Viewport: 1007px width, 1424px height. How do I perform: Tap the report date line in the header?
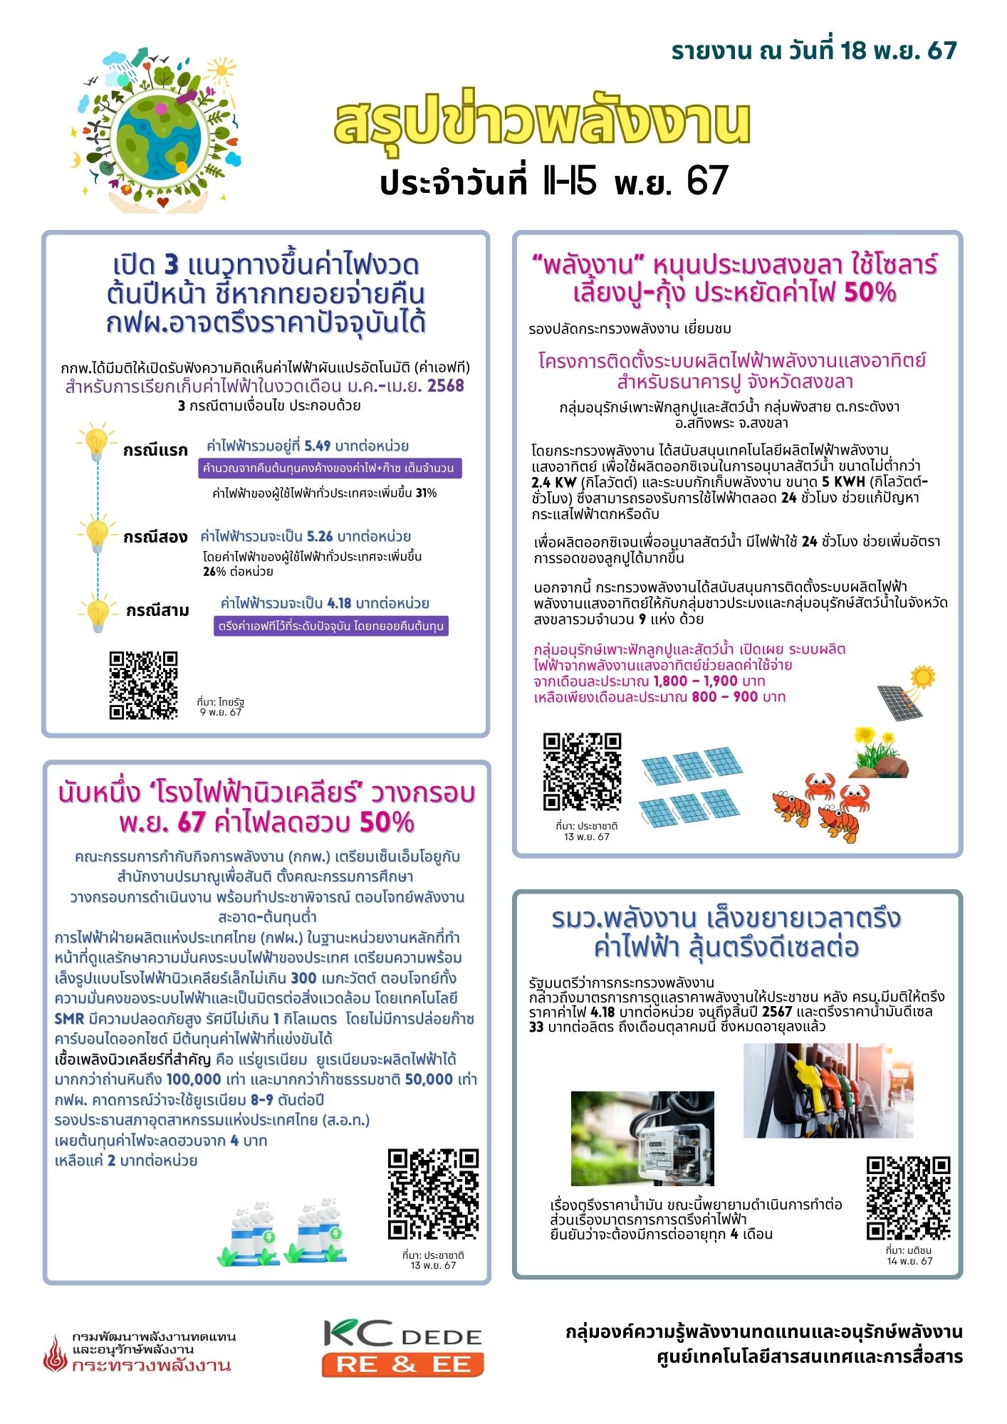813,51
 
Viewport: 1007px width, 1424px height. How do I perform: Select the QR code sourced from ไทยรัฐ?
143,685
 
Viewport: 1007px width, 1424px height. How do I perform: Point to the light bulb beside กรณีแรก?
96,443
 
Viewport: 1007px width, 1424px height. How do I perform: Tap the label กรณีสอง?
155,537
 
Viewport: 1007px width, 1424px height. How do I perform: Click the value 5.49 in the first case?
318,446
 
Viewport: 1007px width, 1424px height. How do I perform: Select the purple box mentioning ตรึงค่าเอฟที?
331,627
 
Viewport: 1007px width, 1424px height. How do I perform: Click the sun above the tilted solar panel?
922,676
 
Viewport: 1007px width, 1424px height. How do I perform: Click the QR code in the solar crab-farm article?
582,772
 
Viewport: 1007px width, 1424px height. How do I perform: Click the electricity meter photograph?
642,1138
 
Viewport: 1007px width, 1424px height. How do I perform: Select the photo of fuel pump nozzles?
828,1091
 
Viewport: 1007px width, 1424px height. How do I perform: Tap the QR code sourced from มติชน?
908,1198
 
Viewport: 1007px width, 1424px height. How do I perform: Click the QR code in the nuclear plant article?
433,1193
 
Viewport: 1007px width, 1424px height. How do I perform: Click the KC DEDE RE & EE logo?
403,1347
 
